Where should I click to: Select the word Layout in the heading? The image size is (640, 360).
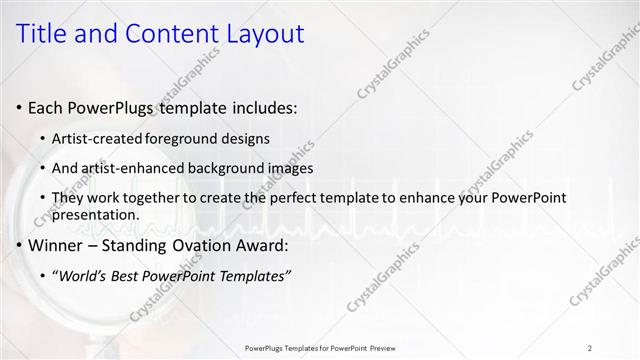click(261, 33)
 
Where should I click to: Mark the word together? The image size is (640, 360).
click(150, 199)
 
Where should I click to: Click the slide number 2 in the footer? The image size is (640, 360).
click(590, 348)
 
